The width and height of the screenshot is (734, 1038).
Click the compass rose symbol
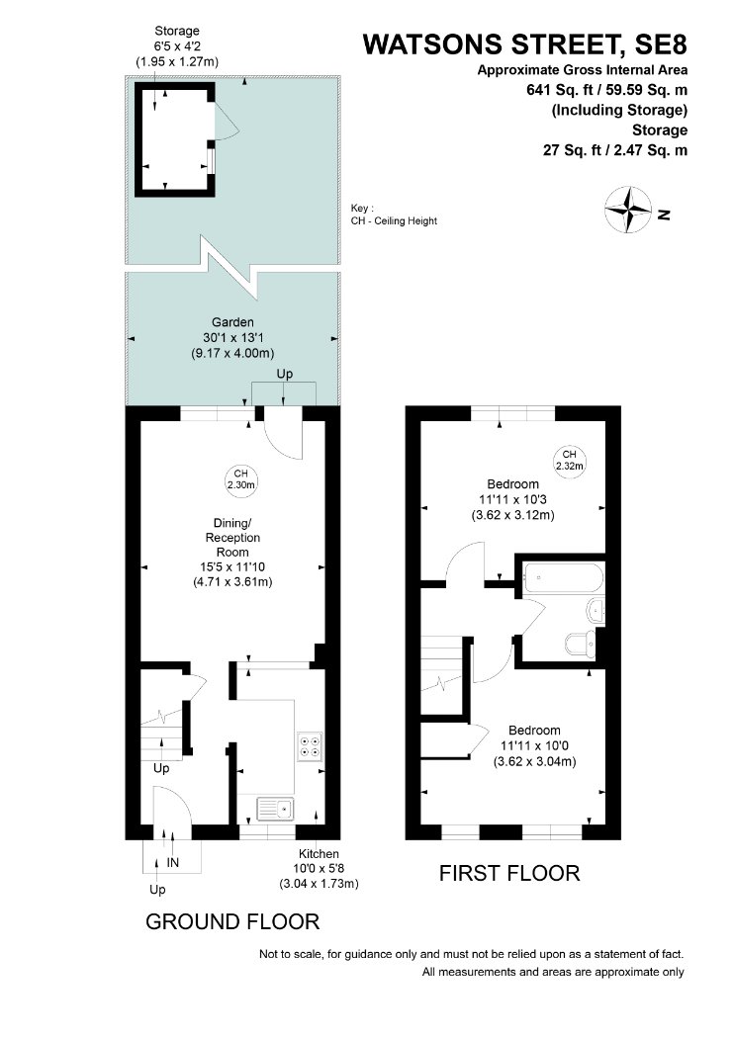pyautogui.click(x=628, y=210)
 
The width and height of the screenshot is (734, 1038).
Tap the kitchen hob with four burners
pyautogui.click(x=310, y=746)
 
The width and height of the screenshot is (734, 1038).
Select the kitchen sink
pyautogui.click(x=276, y=809)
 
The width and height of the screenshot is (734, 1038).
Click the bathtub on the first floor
pyautogui.click(x=563, y=578)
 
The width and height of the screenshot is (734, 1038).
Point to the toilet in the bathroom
pyautogui.click(x=582, y=644)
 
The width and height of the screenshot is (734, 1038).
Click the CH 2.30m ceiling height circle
pyautogui.click(x=240, y=478)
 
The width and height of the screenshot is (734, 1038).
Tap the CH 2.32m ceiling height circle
pyautogui.click(x=570, y=460)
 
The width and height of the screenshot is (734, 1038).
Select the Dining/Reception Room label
pyautogui.click(x=232, y=538)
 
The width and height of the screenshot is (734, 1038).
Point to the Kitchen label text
pyautogui.click(x=319, y=854)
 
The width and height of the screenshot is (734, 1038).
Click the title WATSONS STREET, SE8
pyautogui.click(x=524, y=44)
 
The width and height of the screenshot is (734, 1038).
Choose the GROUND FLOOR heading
pyautogui.click(x=232, y=921)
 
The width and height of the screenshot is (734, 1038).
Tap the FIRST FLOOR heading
pyautogui.click(x=509, y=873)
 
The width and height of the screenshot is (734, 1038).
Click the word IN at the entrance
pyautogui.click(x=173, y=863)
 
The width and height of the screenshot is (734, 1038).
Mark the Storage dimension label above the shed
pyautogui.click(x=177, y=46)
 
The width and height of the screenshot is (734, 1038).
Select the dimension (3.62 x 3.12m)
pyautogui.click(x=512, y=514)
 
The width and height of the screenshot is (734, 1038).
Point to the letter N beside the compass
pyautogui.click(x=664, y=215)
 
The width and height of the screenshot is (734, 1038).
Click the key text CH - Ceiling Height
pyautogui.click(x=394, y=221)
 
